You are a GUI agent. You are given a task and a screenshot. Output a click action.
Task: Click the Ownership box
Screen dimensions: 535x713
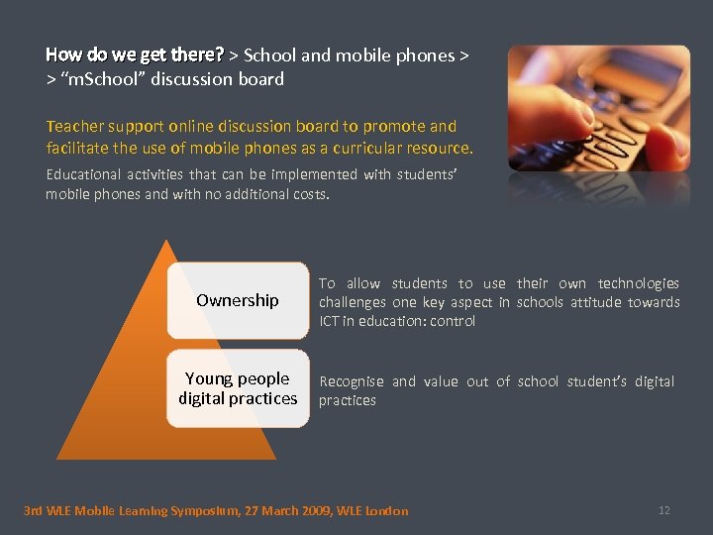[238, 300]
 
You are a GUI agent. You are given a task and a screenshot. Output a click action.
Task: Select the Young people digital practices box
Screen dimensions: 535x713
[238, 388]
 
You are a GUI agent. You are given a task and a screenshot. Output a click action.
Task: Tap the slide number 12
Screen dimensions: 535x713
[663, 510]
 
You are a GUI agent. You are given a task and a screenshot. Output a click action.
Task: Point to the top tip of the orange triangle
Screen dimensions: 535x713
[167, 241]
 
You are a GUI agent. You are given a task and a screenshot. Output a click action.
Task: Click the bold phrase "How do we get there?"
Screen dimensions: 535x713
[135, 54]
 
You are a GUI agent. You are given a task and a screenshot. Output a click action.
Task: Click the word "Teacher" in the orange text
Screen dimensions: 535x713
[73, 127]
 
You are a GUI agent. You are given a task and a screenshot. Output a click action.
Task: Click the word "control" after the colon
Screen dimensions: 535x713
[453, 321]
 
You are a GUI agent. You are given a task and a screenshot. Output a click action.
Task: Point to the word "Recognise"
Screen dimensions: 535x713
[352, 381]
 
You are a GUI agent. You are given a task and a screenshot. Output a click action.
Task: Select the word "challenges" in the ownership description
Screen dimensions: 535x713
[352, 302]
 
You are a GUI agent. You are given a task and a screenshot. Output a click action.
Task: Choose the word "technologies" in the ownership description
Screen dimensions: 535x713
[639, 283]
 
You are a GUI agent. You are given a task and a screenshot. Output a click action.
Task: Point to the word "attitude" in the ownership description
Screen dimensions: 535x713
[598, 302]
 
